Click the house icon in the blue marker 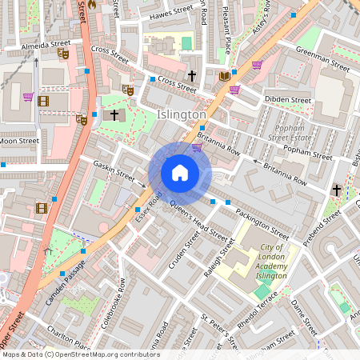180,173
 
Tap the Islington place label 182,115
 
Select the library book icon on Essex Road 224,76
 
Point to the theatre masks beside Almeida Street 63,54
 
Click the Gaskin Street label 114,169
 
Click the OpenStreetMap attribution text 81,354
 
